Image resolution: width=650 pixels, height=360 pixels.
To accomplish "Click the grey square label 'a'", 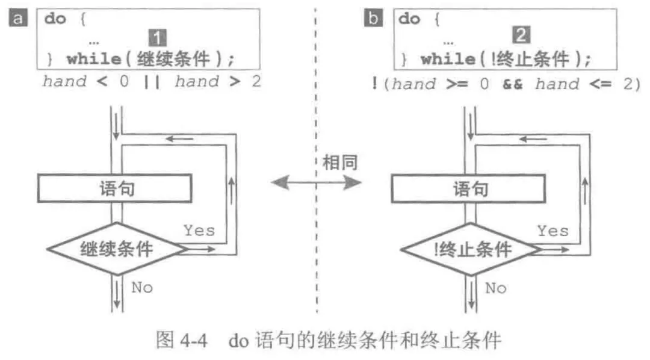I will click(18, 18).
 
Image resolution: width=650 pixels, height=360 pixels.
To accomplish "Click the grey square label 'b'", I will click(373, 18).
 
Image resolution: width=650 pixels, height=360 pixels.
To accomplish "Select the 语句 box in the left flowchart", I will click(114, 189).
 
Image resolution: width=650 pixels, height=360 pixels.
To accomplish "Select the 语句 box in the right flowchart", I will click(469, 189).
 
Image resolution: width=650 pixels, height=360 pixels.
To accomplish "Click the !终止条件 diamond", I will click(470, 249).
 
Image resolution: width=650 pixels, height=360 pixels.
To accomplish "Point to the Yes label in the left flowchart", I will click(199, 230).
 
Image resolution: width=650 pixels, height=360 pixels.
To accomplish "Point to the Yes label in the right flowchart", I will click(552, 230).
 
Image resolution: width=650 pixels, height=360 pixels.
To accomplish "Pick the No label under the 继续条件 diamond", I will click(142, 288).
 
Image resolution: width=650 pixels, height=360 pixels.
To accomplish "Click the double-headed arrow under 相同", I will click(316, 183).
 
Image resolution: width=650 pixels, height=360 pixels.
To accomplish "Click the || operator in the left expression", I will click(152, 81).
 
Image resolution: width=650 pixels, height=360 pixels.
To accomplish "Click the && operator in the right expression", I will click(513, 84).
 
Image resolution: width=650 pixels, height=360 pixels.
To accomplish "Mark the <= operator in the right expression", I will click(602, 84).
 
